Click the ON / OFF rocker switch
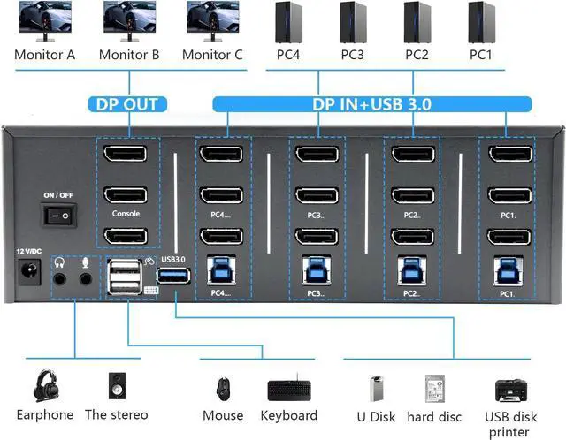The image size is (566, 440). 59,215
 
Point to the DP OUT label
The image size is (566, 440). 127,104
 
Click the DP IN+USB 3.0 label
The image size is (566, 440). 371,104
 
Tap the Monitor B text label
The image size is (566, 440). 129,55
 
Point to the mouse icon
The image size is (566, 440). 222,389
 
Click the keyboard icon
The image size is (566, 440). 289,390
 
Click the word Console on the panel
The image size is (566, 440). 126,214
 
